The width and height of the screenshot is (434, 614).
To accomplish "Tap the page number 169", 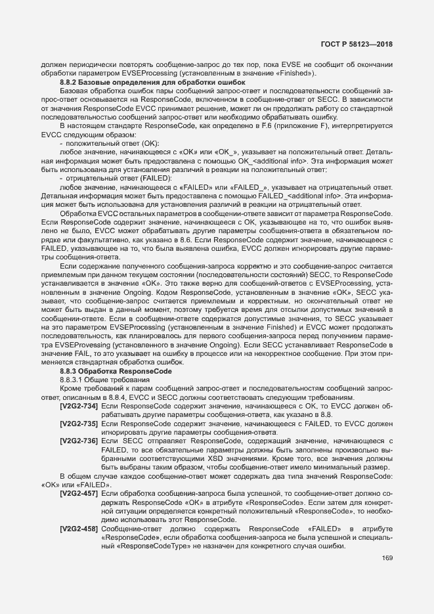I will click(x=387, y=558).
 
